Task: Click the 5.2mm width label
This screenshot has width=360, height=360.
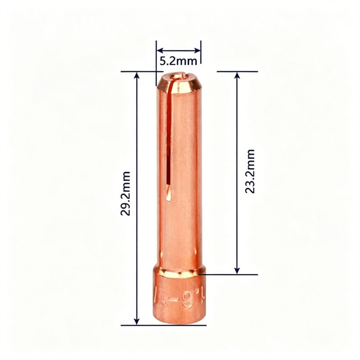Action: tap(178, 60)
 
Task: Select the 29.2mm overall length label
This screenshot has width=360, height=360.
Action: tap(127, 193)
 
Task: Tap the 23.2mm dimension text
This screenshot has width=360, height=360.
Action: tap(250, 172)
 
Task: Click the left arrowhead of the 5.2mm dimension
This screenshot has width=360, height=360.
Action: tap(159, 49)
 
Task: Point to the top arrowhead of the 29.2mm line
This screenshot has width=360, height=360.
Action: tap(137, 75)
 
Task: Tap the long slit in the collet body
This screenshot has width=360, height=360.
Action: tap(168, 141)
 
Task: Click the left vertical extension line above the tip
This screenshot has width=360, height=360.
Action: tap(156, 56)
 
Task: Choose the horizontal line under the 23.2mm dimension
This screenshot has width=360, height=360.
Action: tap(231, 274)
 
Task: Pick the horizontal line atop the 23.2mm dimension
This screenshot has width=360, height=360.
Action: tap(237, 71)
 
